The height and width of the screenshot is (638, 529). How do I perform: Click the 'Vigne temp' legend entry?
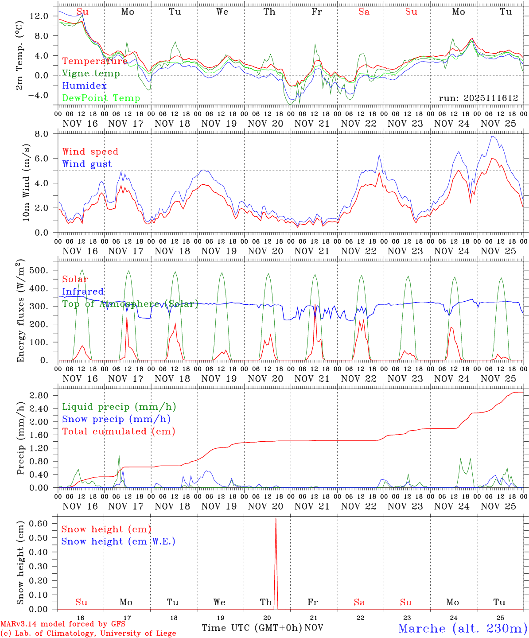coord(91,74)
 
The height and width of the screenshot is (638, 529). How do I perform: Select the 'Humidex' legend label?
coord(84,86)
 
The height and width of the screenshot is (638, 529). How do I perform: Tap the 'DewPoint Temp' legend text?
coord(101,98)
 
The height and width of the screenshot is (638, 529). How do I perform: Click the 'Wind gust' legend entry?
coord(87,164)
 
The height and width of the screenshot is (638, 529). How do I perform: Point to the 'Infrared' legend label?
coord(83,292)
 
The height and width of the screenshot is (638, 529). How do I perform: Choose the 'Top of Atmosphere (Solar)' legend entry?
coord(130,304)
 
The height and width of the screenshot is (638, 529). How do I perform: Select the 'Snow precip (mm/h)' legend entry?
coord(116,419)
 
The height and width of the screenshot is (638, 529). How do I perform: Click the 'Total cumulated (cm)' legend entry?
coord(118,431)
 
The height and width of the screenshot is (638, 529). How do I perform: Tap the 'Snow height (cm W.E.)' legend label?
coord(118,541)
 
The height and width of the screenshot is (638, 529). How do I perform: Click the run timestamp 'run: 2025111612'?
coord(478,98)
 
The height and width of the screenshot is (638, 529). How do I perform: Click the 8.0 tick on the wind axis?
coord(44,134)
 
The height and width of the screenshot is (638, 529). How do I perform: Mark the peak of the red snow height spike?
coord(276,518)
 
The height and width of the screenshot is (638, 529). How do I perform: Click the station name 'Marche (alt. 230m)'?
coord(463,628)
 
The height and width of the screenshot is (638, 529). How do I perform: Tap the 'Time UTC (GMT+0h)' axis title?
coord(252,628)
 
